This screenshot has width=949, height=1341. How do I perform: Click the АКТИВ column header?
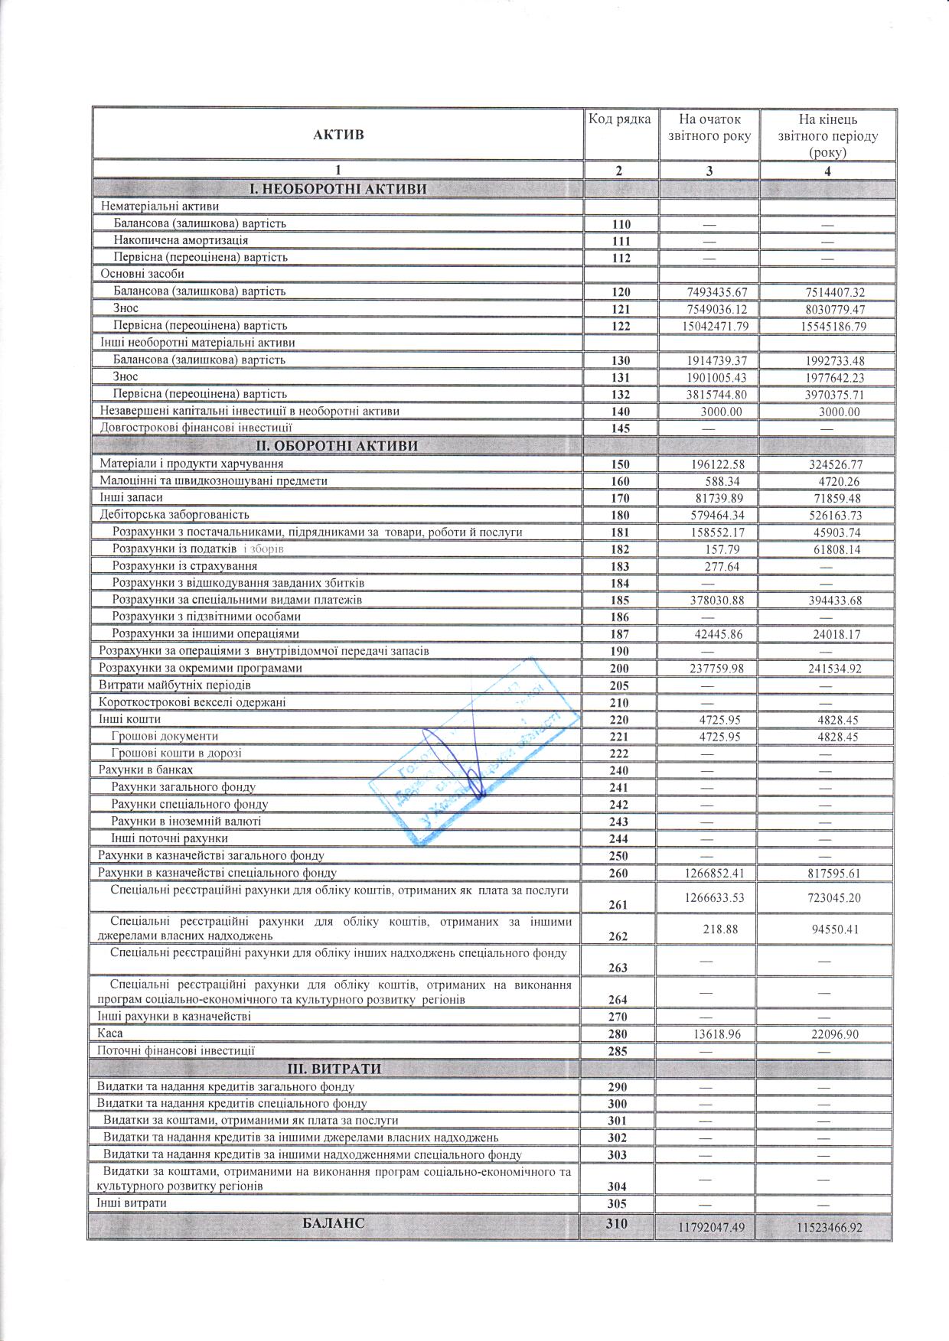click(x=338, y=135)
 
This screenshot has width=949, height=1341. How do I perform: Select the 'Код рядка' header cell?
click(x=619, y=119)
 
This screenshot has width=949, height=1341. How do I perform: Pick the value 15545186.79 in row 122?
click(x=827, y=327)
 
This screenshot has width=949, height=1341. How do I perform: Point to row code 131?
click(x=620, y=378)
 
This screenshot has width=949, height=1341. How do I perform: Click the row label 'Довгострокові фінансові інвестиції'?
click(x=196, y=428)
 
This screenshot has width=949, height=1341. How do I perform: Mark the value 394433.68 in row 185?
click(x=827, y=601)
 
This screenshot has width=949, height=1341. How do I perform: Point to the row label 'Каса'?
click(x=110, y=1033)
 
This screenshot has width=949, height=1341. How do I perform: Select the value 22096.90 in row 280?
click(x=827, y=1034)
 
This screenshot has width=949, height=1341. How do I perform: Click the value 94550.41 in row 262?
click(x=827, y=930)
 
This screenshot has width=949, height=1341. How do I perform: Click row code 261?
click(x=618, y=905)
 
